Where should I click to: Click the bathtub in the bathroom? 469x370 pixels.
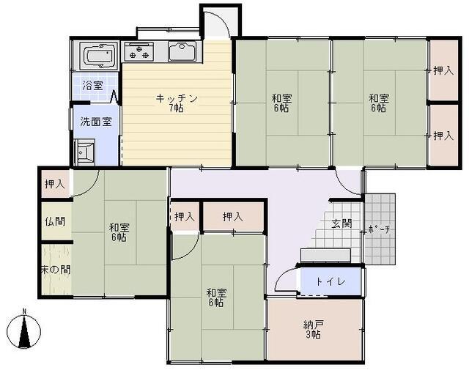pyautogui.click(x=99, y=56)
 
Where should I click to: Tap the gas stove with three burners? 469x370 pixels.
pyautogui.click(x=139, y=51)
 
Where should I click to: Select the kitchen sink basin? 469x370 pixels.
pyautogui.click(x=182, y=51)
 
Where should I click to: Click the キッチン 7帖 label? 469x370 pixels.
pyautogui.click(x=177, y=103)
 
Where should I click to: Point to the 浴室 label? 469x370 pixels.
pyautogui.click(x=92, y=86)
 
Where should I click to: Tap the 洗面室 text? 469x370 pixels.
pyautogui.click(x=96, y=122)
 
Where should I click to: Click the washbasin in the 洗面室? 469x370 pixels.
pyautogui.click(x=85, y=152)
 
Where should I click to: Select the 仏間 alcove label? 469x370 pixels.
pyautogui.click(x=55, y=221)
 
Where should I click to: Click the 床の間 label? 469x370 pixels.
pyautogui.click(x=56, y=270)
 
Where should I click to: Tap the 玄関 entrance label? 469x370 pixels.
pyautogui.click(x=341, y=223)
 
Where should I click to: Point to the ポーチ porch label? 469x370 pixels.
pyautogui.click(x=379, y=230)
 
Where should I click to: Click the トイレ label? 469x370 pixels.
pyautogui.click(x=330, y=281)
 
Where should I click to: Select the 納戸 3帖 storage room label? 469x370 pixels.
pyautogui.click(x=314, y=329)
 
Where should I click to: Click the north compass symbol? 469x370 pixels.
pyautogui.click(x=24, y=331)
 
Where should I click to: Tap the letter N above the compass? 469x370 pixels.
pyautogui.click(x=24, y=311)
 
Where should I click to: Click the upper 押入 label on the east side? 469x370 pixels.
pyautogui.click(x=443, y=70)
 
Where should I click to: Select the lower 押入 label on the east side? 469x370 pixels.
pyautogui.click(x=443, y=136)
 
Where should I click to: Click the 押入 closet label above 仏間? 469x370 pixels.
pyautogui.click(x=55, y=184)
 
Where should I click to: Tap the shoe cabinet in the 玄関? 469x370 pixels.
pyautogui.click(x=325, y=255)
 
